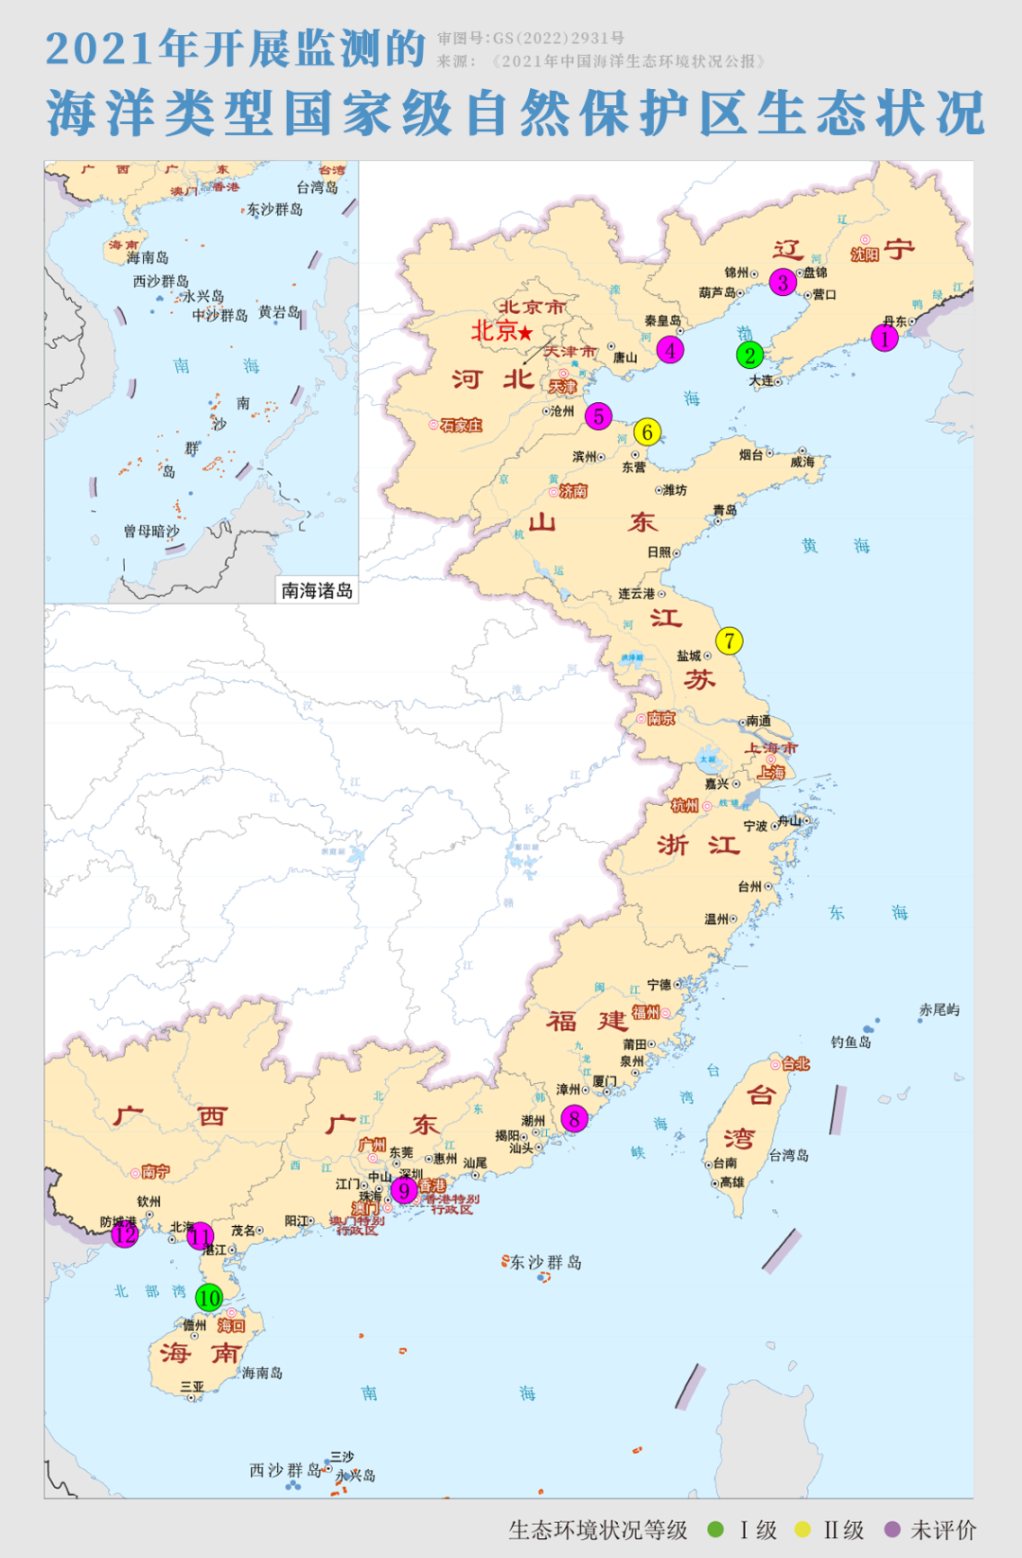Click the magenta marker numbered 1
pyautogui.click(x=885, y=339)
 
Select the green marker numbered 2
pyautogui.click(x=749, y=355)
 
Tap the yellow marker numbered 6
pyautogui.click(x=647, y=432)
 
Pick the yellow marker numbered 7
pyautogui.click(x=729, y=640)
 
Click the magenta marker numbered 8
pyautogui.click(x=574, y=1119)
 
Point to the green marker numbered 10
pyautogui.click(x=209, y=1298)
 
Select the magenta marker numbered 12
pyautogui.click(x=124, y=1234)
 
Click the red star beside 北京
pyautogui.click(x=525, y=333)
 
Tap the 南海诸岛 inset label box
pyautogui.click(x=316, y=590)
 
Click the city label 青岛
pyautogui.click(x=725, y=510)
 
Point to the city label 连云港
pyautogui.click(x=637, y=593)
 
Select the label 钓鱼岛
pyautogui.click(x=851, y=1042)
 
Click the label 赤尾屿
pyautogui.click(x=939, y=1009)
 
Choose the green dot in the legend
pyautogui.click(x=715, y=1529)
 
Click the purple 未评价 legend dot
pyautogui.click(x=891, y=1529)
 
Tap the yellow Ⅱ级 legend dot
pyautogui.click(x=802, y=1529)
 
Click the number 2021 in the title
pyautogui.click(x=100, y=49)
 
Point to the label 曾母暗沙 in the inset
pyautogui.click(x=151, y=531)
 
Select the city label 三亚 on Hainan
pyautogui.click(x=192, y=1386)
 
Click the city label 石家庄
pyautogui.click(x=461, y=426)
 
